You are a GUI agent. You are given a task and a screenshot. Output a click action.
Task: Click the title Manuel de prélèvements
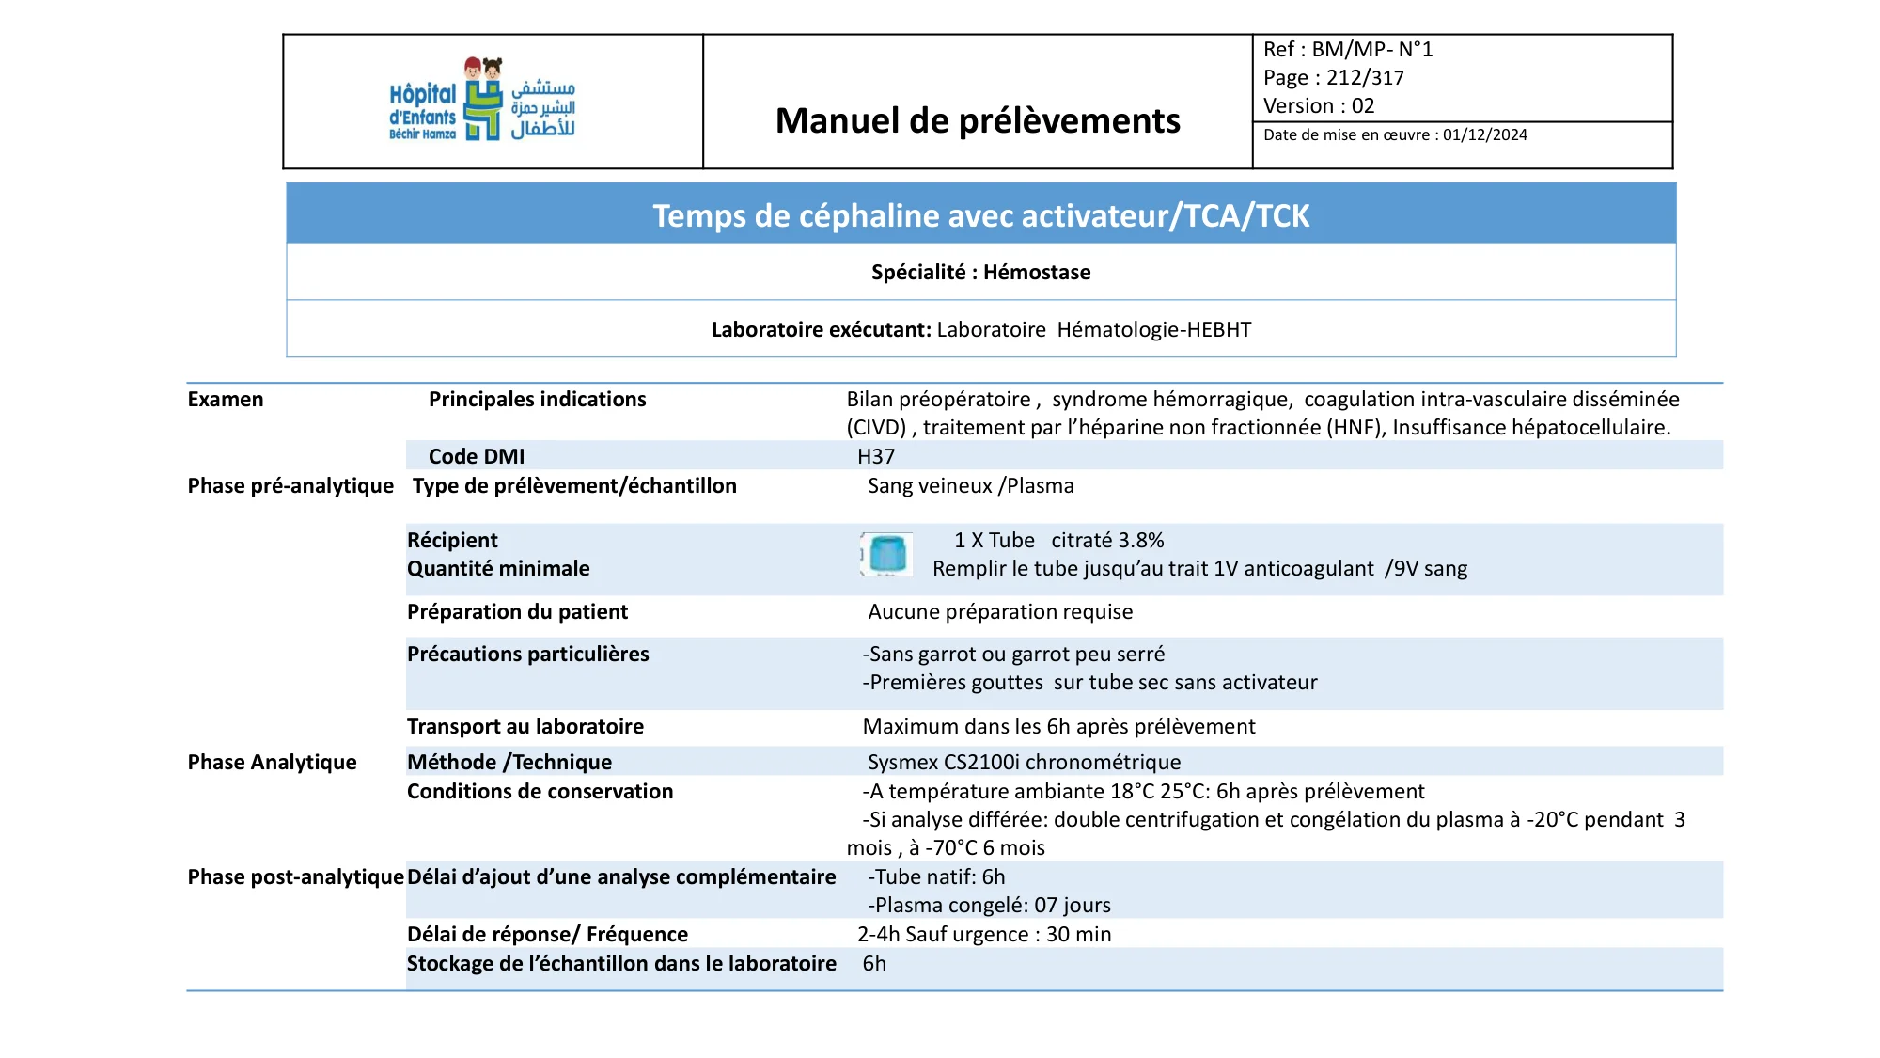978,120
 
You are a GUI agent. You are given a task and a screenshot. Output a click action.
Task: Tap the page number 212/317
1365,78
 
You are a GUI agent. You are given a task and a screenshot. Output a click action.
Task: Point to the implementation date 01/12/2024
1485,135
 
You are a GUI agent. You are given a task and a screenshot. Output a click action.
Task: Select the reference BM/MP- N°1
1371,50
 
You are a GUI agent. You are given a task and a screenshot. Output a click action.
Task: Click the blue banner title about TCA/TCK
980,215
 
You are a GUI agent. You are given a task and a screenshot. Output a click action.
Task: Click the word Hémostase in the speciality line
1037,273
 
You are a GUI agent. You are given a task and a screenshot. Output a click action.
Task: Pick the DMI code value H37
876,457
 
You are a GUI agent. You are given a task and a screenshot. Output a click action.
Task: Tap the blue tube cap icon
886,554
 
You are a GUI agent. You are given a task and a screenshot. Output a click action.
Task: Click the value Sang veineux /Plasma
970,486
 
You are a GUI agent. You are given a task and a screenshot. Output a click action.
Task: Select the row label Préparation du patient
517,612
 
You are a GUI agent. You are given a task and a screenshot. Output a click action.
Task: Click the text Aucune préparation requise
1000,612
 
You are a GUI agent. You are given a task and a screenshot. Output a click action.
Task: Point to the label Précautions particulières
527,655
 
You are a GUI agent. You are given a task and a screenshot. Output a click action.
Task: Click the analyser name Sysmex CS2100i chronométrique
1024,763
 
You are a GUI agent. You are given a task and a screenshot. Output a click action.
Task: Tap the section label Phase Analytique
272,763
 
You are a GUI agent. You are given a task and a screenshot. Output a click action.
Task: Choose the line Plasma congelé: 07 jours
989,906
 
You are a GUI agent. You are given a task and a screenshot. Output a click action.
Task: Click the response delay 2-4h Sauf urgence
984,935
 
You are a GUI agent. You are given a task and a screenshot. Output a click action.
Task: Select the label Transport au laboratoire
525,727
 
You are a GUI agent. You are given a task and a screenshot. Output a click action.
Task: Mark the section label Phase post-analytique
295,877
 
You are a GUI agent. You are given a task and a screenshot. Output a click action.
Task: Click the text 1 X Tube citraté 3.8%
1058,541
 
